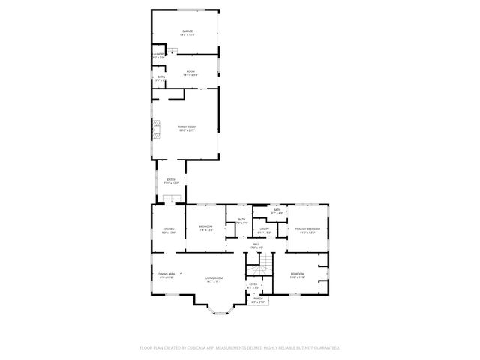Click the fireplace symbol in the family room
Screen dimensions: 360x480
click(156, 131)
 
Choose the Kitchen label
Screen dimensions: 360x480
click(169, 230)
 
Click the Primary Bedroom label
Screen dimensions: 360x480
click(307, 230)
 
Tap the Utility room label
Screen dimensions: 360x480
click(264, 230)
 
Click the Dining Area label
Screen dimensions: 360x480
click(166, 275)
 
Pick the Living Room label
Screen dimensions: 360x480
click(214, 279)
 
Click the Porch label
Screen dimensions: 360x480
click(257, 300)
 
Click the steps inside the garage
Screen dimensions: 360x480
click(172, 51)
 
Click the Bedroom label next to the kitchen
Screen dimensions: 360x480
click(206, 228)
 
